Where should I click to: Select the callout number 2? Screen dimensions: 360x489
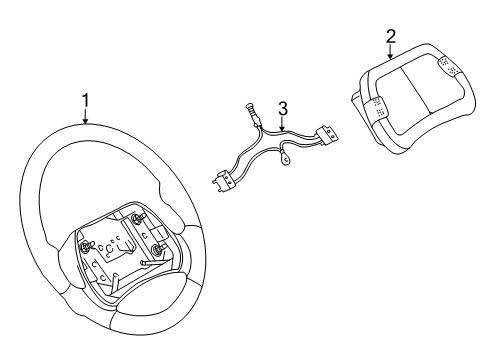(391, 37)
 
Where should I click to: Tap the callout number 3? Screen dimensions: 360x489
(283, 107)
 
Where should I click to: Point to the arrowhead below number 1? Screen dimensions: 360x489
(85, 123)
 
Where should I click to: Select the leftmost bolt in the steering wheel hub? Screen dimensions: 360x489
(87, 240)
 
